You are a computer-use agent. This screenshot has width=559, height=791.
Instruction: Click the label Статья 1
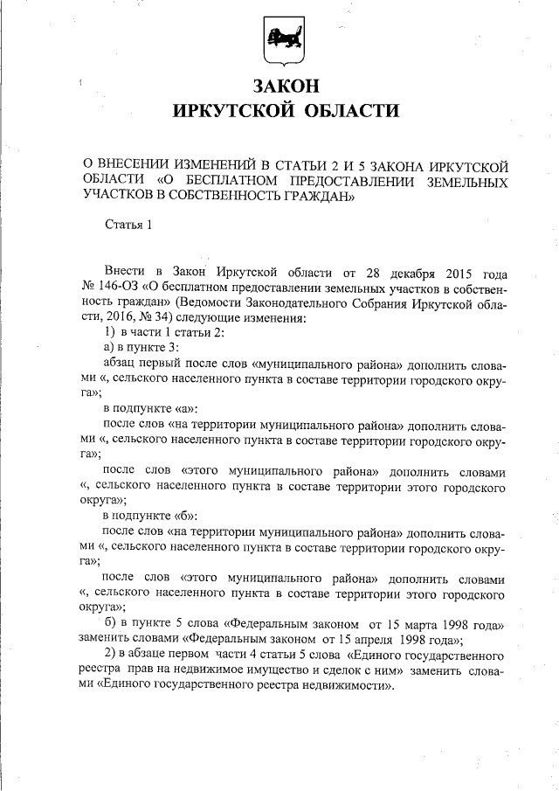click(128, 226)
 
